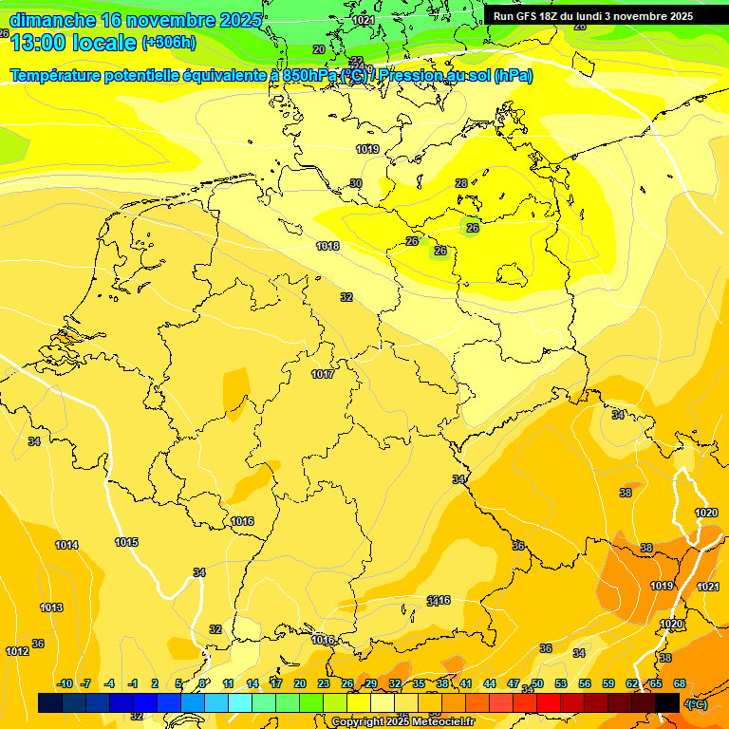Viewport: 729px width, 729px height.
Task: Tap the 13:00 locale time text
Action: [73, 42]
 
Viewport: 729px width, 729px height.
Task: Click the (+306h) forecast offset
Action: [169, 42]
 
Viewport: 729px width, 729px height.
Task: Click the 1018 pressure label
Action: [327, 246]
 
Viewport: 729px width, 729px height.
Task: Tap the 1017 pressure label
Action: [323, 374]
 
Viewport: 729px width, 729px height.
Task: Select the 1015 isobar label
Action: [126, 542]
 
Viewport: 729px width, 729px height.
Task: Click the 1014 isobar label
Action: [66, 545]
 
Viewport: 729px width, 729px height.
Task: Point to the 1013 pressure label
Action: [51, 607]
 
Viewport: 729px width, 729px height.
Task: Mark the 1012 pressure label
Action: [17, 651]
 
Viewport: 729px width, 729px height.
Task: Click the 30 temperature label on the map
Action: [356, 183]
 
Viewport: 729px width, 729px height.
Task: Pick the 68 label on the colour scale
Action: [680, 683]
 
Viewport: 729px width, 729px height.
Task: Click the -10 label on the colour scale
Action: [65, 683]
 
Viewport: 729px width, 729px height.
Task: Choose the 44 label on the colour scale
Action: [490, 683]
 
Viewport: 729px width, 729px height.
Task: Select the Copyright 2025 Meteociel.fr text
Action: [402, 722]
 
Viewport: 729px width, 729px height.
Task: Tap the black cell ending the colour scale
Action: [667, 702]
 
